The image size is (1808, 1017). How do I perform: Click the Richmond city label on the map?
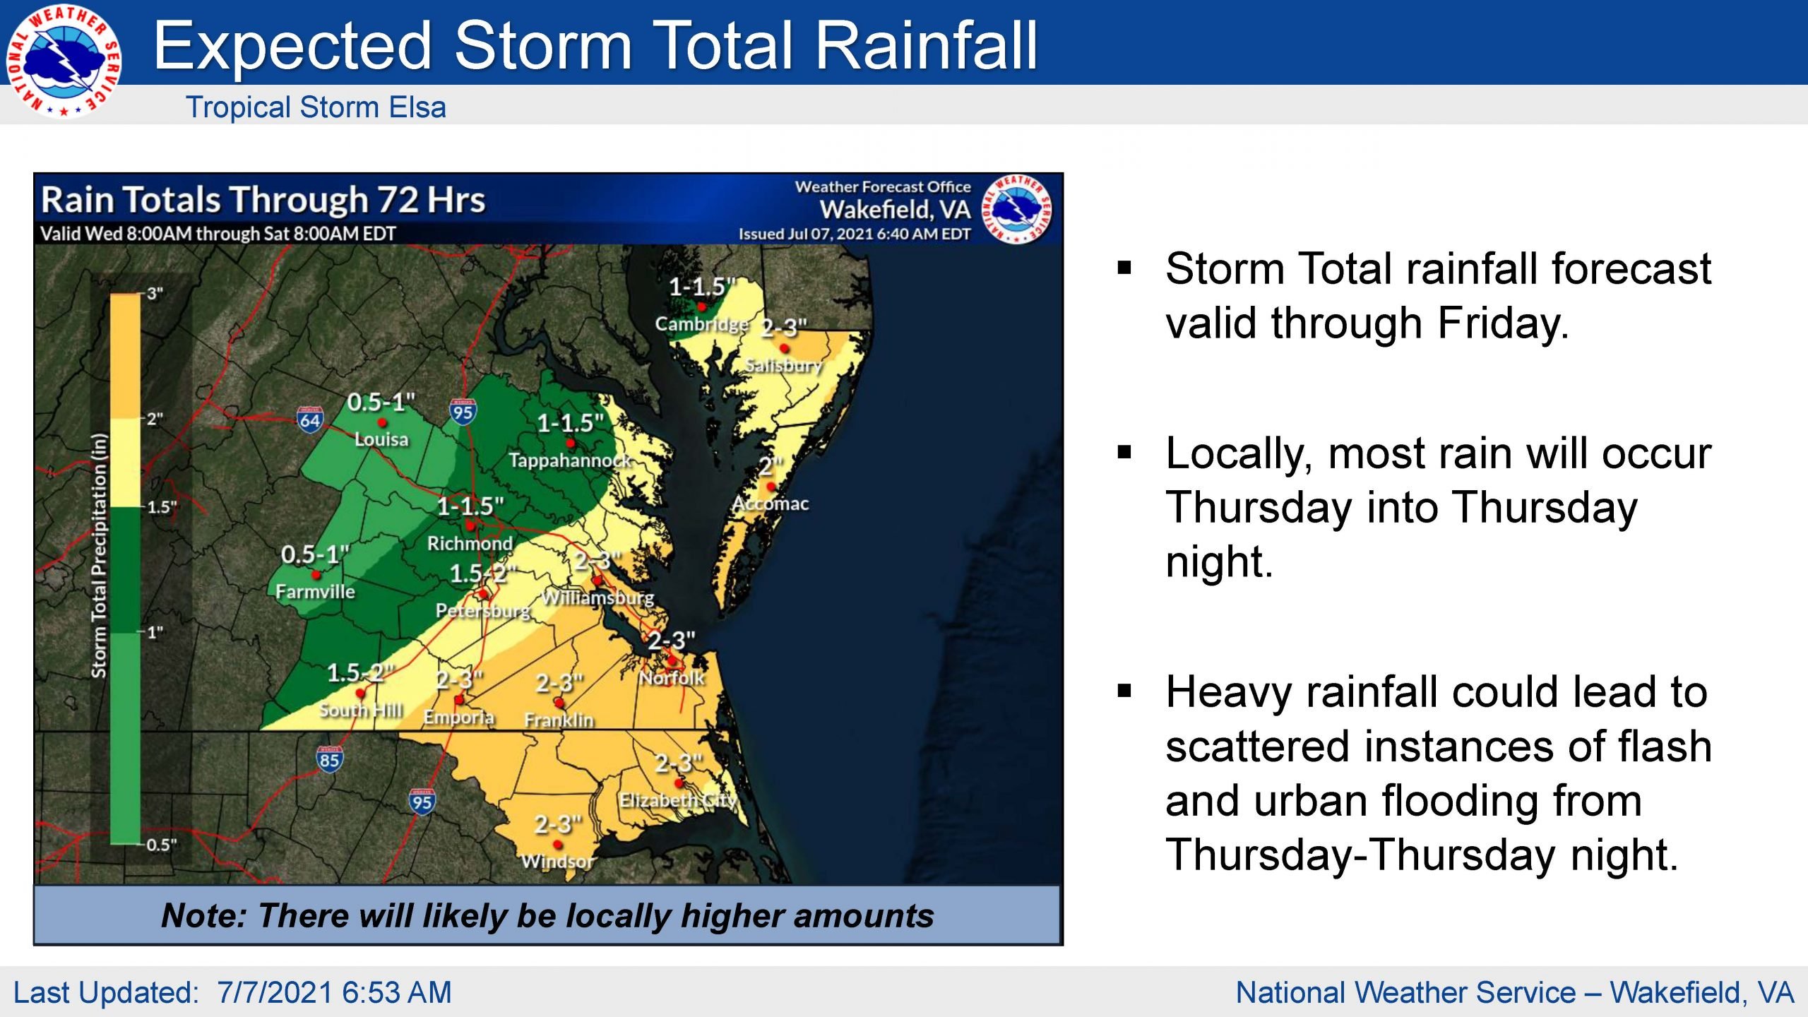click(x=470, y=543)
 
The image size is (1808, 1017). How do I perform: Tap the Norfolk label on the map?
click(x=672, y=678)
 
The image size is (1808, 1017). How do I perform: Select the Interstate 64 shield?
click(x=310, y=420)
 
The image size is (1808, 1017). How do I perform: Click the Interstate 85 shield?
click(x=329, y=759)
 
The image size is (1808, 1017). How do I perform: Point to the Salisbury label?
click(x=784, y=365)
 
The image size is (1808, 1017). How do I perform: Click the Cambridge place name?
click(x=701, y=324)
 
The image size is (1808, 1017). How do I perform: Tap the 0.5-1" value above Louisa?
click(x=381, y=402)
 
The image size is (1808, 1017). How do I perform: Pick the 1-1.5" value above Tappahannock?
click(x=570, y=423)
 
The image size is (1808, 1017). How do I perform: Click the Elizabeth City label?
click(x=678, y=800)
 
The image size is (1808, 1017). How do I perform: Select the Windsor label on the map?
click(x=558, y=861)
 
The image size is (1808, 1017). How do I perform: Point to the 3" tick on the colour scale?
click(x=155, y=293)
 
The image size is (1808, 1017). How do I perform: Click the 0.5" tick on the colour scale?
click(x=162, y=845)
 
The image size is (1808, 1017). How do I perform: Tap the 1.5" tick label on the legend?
click(x=162, y=507)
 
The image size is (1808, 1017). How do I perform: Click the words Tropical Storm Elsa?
click(x=316, y=107)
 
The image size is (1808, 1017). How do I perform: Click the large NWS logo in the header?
click(x=64, y=62)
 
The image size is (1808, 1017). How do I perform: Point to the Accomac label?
click(x=771, y=504)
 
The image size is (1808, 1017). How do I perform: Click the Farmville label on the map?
click(x=315, y=591)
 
